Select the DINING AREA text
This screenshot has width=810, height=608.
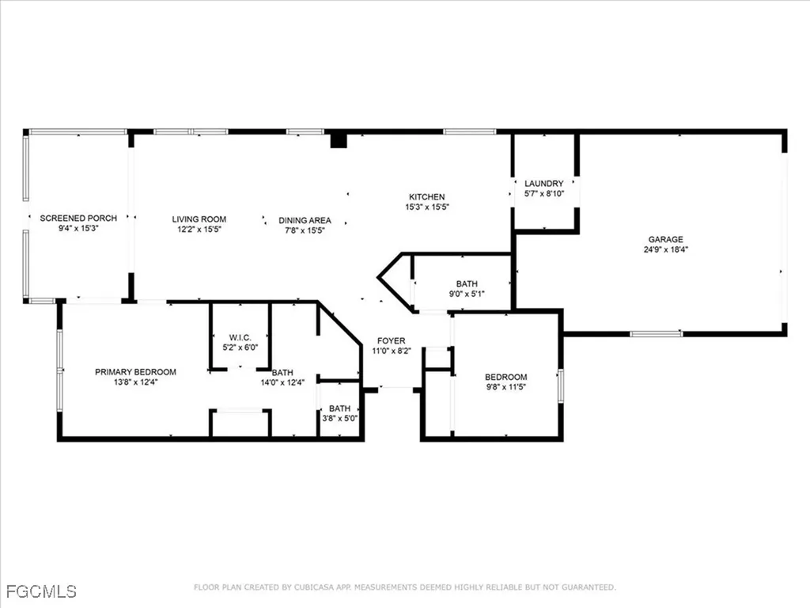(305, 220)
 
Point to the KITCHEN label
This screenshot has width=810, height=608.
(426, 197)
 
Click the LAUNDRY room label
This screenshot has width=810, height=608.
(543, 183)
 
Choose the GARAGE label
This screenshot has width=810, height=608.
(665, 239)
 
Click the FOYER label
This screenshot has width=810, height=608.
(391, 340)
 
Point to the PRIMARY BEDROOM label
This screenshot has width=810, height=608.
(135, 371)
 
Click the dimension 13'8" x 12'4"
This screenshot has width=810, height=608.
(135, 382)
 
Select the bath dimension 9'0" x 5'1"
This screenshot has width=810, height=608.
(466, 294)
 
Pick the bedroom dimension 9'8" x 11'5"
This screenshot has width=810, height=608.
(505, 388)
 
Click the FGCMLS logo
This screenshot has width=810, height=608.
(40, 591)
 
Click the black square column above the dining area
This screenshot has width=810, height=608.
(339, 140)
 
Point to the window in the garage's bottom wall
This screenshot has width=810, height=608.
(656, 333)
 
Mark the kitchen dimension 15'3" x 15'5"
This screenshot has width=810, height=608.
(426, 207)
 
